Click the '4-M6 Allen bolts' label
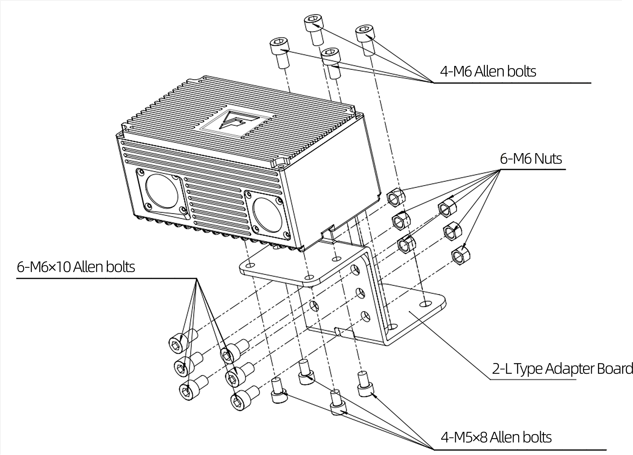coord(488,71)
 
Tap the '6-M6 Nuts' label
coord(531,159)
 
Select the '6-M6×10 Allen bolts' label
coord(76,267)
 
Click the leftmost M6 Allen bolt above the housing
coord(280,52)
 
